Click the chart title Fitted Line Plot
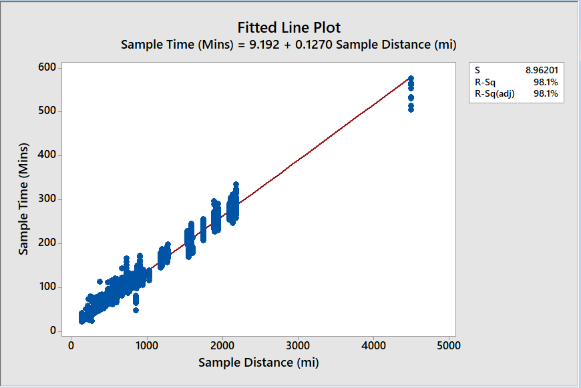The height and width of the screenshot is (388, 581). coord(289,27)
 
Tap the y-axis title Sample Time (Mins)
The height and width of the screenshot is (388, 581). coord(24,198)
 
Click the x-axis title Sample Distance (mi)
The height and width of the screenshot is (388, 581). coord(258,362)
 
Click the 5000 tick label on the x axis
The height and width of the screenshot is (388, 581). coord(448,345)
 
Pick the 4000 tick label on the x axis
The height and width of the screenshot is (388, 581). coord(373,345)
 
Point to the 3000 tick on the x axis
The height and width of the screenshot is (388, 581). coord(297,345)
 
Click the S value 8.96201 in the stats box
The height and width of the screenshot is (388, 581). coord(542,69)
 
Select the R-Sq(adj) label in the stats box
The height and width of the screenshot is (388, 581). coord(494,94)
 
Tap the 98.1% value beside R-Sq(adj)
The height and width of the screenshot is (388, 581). coord(546,94)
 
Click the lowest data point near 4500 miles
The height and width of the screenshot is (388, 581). coord(411,109)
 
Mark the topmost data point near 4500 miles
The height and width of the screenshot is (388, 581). coord(411,78)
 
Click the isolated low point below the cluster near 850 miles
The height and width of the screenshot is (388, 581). coord(136,310)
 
